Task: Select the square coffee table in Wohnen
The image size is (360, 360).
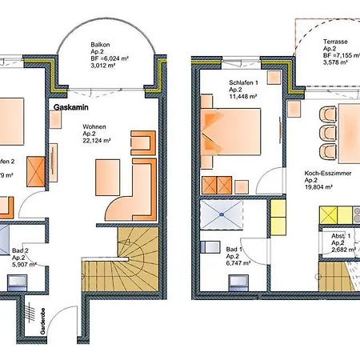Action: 106,174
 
